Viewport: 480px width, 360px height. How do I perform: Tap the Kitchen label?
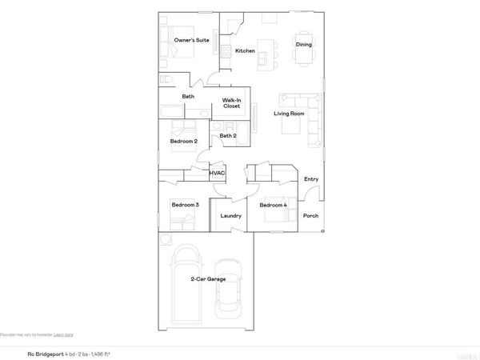(x=245, y=50)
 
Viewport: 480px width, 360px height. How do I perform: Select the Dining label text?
(x=304, y=44)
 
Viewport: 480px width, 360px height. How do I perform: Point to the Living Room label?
(x=290, y=114)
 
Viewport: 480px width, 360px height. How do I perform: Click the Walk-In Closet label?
(x=232, y=102)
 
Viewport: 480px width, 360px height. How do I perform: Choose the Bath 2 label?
(x=228, y=135)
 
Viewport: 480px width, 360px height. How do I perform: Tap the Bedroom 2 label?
(x=184, y=142)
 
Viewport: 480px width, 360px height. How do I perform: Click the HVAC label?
(x=217, y=173)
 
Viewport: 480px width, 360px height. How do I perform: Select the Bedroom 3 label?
(x=185, y=206)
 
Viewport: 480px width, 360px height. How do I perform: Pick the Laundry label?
(x=230, y=216)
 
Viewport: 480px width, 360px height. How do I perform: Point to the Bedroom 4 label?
(x=273, y=206)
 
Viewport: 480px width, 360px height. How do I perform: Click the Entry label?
(x=311, y=179)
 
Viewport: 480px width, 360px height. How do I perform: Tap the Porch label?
(x=310, y=216)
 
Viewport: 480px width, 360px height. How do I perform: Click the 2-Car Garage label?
(x=208, y=279)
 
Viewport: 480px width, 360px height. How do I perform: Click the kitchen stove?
(x=226, y=52)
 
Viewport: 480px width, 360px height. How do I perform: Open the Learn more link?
(x=63, y=334)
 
